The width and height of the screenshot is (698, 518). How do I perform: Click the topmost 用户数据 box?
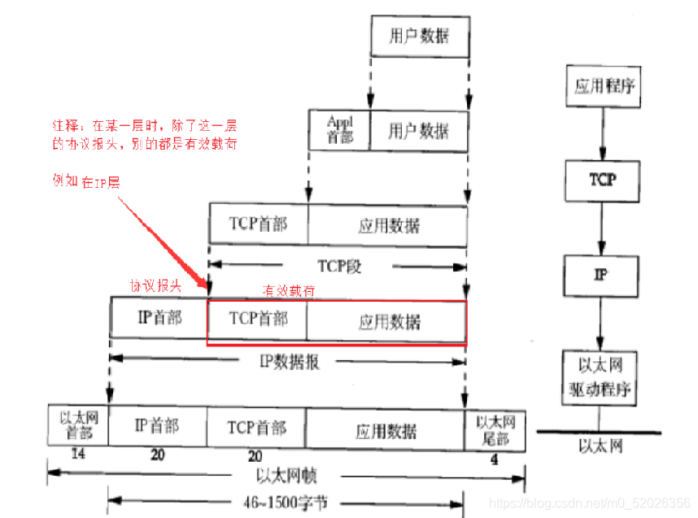click(419, 37)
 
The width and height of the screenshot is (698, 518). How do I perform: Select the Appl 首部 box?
click(339, 130)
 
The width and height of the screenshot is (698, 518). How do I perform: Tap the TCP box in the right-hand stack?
click(602, 180)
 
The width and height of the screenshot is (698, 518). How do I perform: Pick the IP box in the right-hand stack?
click(602, 274)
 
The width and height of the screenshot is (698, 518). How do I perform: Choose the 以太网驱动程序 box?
click(600, 377)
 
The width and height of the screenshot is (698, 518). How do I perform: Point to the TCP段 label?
click(338, 265)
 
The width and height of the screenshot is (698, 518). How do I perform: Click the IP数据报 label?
click(289, 360)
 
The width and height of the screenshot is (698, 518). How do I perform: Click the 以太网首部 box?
click(78, 424)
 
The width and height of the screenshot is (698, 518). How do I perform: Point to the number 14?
click(78, 454)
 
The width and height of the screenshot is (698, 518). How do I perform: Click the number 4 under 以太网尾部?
click(495, 459)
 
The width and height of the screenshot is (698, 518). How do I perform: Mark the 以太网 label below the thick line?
click(600, 446)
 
